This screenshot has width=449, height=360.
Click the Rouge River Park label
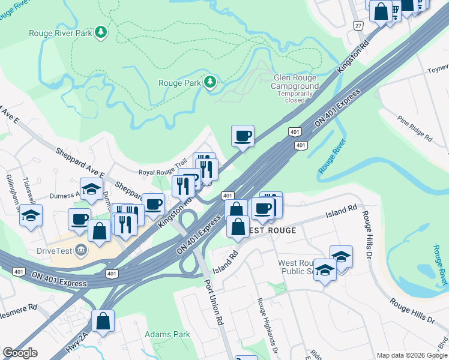tap(60, 33)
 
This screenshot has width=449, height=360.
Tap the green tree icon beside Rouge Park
tap(210, 82)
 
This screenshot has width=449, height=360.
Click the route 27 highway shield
tap(358, 26)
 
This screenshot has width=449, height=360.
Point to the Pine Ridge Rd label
tap(415, 128)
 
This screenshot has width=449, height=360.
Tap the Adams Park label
tap(167, 334)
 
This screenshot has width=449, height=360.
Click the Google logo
tap(20, 353)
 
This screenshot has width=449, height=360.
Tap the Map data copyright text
tap(411, 355)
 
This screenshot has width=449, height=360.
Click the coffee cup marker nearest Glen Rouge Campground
tap(243, 136)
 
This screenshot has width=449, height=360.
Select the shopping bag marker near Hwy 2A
tap(103, 320)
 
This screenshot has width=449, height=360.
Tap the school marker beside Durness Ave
tap(91, 188)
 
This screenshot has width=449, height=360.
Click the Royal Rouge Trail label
tap(163, 172)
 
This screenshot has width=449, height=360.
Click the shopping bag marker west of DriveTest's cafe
tap(99, 230)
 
